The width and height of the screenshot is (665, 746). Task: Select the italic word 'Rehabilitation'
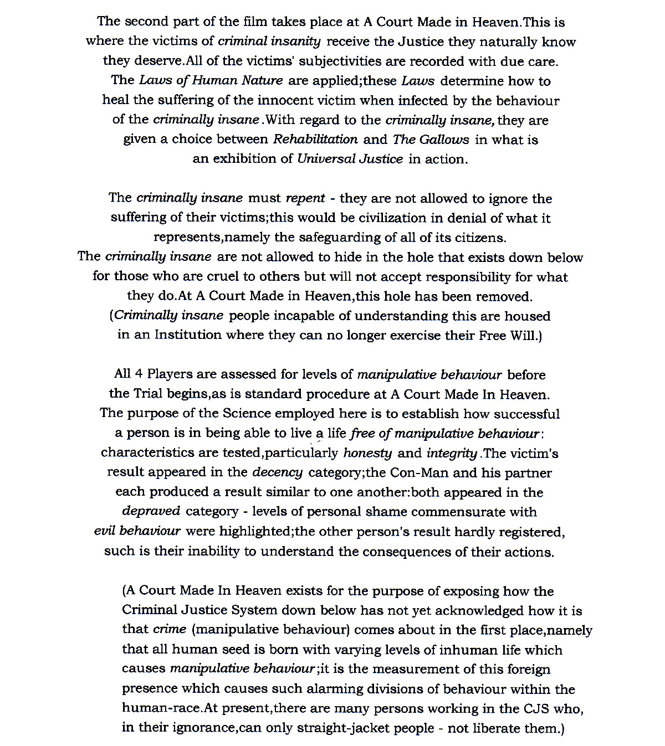[x=315, y=139]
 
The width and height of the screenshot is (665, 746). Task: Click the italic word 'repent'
[x=305, y=198]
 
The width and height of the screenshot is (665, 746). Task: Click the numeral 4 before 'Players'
[x=139, y=374]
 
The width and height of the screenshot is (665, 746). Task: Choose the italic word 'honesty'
[x=367, y=453]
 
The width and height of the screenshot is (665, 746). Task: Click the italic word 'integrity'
[x=452, y=453]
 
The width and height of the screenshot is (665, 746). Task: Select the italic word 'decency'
[x=277, y=472]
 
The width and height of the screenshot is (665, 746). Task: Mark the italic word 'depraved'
[x=151, y=511]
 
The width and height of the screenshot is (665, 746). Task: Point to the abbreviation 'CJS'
[x=536, y=708]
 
